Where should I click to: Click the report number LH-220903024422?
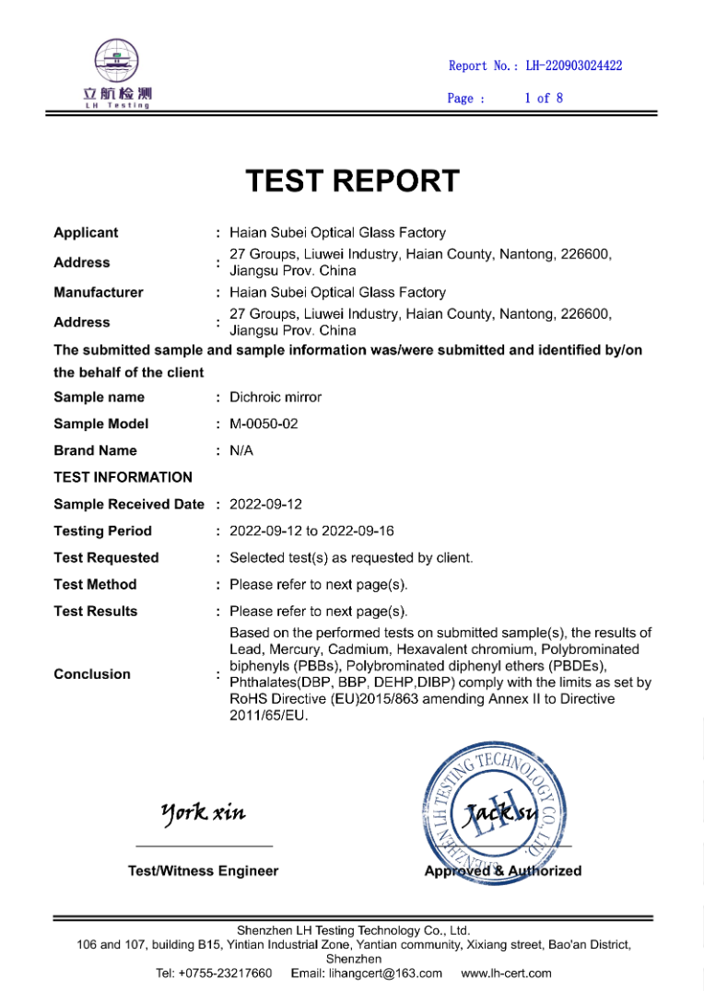[x=573, y=65]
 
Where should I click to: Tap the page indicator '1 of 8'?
[x=544, y=98]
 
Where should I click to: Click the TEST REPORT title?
[x=352, y=181]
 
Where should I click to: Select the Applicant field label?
[x=86, y=233]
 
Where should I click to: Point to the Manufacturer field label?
[x=99, y=293]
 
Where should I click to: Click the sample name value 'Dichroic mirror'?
[x=276, y=398]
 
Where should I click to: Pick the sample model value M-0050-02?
[x=264, y=425]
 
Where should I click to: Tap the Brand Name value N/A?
[x=241, y=451]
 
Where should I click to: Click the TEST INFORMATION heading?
[x=123, y=477]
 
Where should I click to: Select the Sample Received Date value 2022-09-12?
[x=265, y=505]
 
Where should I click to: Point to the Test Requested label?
[x=106, y=558]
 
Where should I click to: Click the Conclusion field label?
[x=92, y=674]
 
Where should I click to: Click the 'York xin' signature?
[x=203, y=812]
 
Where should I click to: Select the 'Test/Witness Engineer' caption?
[x=203, y=871]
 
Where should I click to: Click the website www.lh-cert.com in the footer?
[x=506, y=974]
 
